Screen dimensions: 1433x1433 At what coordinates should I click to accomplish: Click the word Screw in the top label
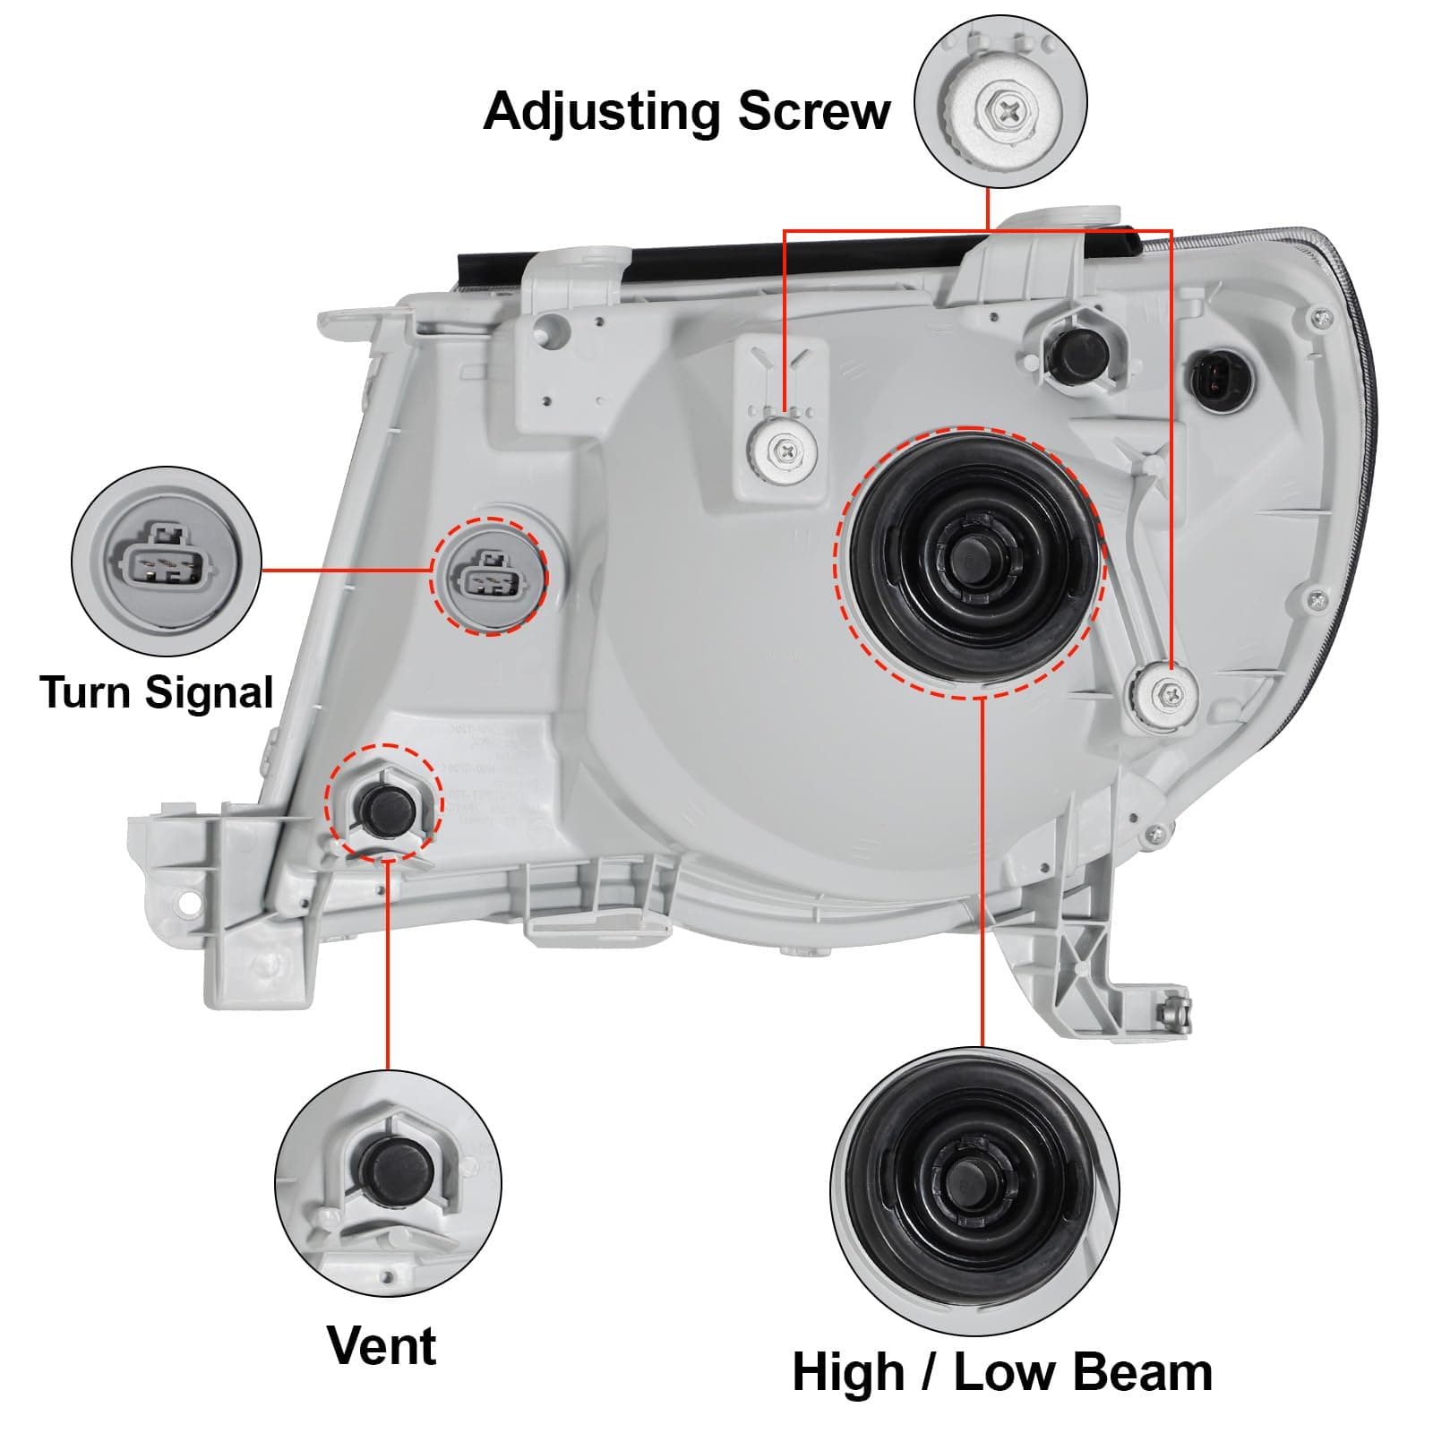[813, 111]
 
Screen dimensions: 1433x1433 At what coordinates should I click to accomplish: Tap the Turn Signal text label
[156, 692]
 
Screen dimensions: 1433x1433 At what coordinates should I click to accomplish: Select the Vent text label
[382, 1344]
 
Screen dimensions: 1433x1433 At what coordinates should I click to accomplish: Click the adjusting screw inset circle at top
[1000, 101]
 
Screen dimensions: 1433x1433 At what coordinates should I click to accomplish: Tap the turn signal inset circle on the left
[167, 562]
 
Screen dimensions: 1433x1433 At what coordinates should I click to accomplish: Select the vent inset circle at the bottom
[388, 1182]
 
